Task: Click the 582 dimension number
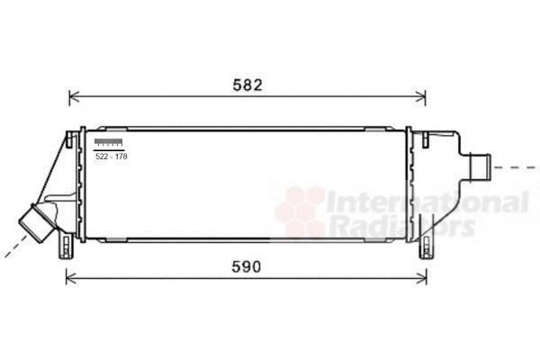coord(247,85)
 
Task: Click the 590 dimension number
coord(247,267)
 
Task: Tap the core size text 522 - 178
coord(112,157)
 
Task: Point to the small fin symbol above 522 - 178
coord(109,142)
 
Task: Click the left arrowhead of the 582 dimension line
coord(74,97)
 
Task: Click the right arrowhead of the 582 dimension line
coord(421,97)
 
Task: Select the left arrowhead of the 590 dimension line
coord(70,278)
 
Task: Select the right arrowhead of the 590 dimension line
coord(422,278)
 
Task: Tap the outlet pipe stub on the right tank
coord(480,166)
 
